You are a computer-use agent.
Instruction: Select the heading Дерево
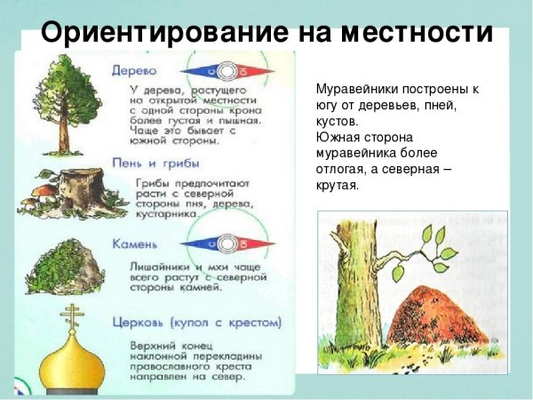134,69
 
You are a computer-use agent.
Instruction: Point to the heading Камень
136,243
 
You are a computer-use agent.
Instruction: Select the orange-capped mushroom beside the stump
40,188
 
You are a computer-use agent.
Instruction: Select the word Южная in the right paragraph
337,138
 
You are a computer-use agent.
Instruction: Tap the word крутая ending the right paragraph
336,186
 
